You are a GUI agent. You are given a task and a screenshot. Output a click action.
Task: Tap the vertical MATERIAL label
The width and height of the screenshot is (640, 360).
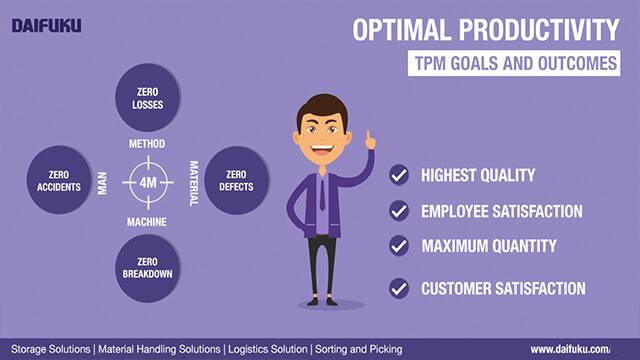coord(195,182)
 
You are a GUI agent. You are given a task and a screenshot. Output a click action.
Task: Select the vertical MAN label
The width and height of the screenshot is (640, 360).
coord(102,182)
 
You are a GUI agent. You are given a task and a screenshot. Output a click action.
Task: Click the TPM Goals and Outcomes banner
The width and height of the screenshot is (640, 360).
coord(517,63)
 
